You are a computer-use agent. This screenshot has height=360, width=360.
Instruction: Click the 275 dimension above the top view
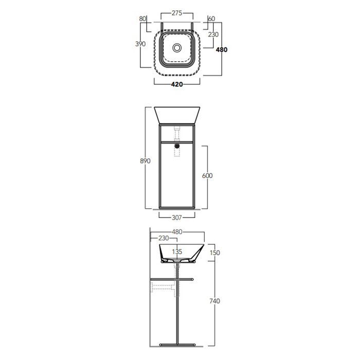(x=177, y=13)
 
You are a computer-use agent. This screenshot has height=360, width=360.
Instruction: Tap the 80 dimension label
(x=142, y=19)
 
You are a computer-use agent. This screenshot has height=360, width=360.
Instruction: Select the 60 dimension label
(x=211, y=19)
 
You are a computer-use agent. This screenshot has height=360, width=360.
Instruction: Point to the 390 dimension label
(x=140, y=44)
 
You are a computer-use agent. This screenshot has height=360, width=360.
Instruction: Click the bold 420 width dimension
(x=177, y=84)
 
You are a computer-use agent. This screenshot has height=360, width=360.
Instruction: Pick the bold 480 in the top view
(x=222, y=49)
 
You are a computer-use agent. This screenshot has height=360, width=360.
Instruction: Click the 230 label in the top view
(x=213, y=34)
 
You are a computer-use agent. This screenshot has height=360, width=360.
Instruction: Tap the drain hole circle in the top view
(x=177, y=48)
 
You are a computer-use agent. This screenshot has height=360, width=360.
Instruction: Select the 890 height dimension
(x=145, y=161)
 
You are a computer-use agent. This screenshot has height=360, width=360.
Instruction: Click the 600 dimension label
(x=207, y=176)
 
